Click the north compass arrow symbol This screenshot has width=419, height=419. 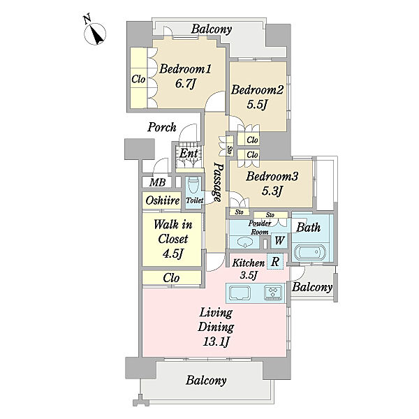tap(95, 34)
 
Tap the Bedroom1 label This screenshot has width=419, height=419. tap(185, 69)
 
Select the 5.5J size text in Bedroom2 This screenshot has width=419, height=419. tap(257, 105)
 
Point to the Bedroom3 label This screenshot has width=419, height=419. tap(272, 177)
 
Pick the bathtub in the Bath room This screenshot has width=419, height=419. tap(310, 252)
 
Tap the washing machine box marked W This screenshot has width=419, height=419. tap(279, 240)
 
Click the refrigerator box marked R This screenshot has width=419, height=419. tap(275, 261)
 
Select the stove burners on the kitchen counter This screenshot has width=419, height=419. tap(273, 293)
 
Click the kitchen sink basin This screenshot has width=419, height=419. tap(240, 293)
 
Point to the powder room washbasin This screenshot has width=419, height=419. tap(245, 242)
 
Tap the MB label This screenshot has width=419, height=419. tap(157, 182)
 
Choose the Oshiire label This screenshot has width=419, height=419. tap(163, 200)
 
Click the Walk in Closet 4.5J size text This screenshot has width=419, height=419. tap(173, 253)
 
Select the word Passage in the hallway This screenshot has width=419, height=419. tap(219, 182)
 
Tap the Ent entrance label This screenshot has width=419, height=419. tap(189, 154)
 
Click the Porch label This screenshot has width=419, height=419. tap(162, 127)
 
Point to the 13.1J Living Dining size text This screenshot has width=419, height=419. tap(216, 341)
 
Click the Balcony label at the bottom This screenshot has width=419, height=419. tap(206, 380)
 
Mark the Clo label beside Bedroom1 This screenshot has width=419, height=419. tap(138, 79)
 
